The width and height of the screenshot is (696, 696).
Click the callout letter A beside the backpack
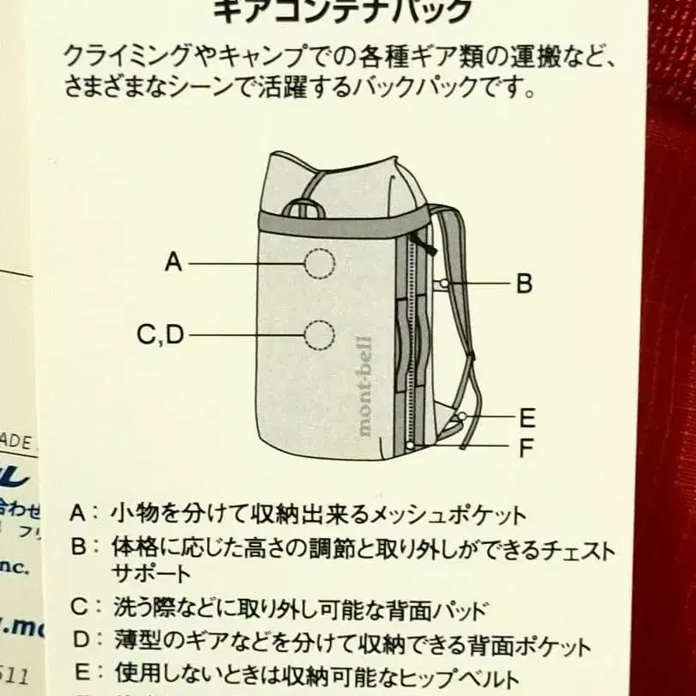coord(174,261)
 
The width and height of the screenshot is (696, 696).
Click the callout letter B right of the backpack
coord(524,284)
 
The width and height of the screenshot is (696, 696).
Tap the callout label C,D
coord(161,334)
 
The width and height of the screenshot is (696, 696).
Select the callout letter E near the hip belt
coord(527,418)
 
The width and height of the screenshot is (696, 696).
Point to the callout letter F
coord(527,447)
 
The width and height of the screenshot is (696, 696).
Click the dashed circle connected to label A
coord(319,263)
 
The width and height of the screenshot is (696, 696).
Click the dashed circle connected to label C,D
coord(319,334)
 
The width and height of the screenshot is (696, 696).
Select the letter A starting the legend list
coord(78,514)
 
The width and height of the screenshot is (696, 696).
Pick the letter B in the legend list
coord(78,547)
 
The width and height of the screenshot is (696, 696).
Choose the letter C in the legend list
coord(80,608)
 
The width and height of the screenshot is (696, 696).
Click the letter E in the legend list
coord(80,675)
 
